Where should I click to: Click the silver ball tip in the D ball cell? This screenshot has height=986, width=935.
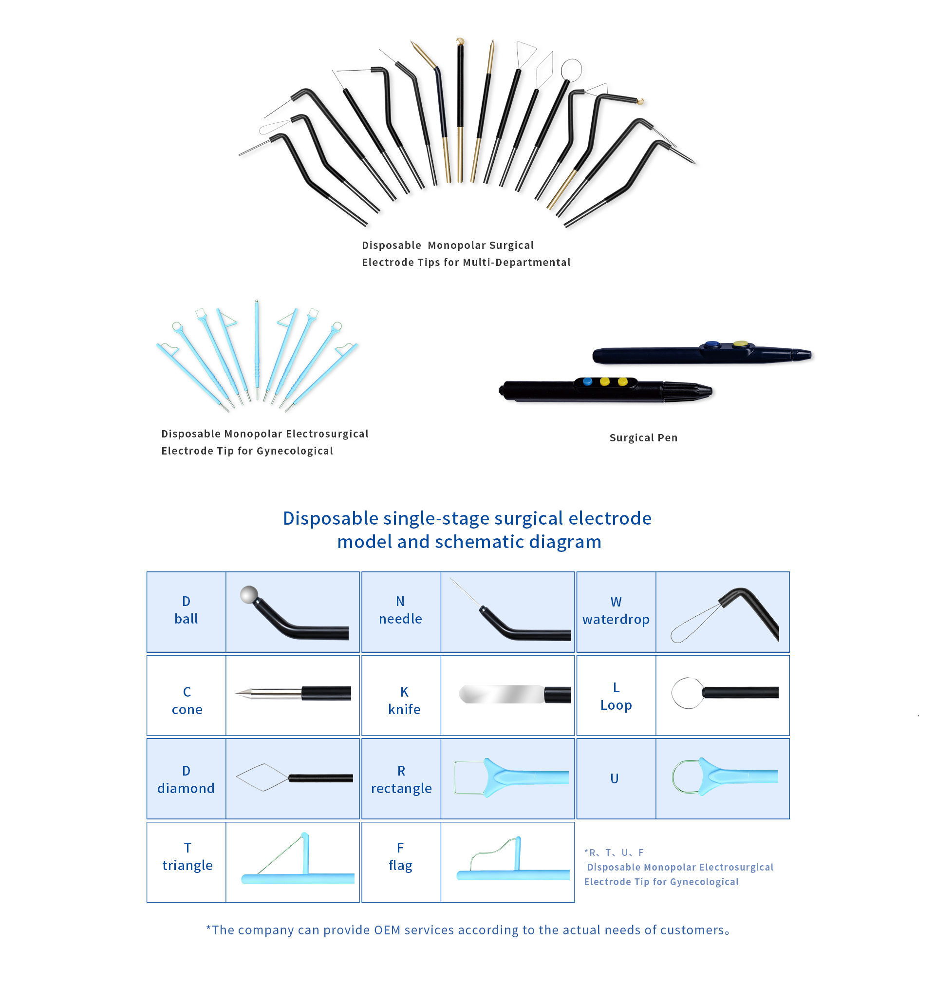(x=249, y=595)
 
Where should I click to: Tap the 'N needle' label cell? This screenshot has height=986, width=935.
(x=400, y=610)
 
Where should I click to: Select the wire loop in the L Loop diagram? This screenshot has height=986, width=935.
(x=688, y=693)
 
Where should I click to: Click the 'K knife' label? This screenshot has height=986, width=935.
(x=404, y=701)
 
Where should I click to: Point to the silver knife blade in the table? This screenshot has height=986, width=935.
(x=501, y=694)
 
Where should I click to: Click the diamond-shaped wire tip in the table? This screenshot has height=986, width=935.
(x=262, y=777)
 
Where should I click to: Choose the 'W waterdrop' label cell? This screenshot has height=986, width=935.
(x=616, y=610)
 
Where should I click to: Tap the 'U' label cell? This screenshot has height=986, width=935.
(x=615, y=778)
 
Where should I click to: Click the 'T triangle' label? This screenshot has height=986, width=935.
(x=187, y=857)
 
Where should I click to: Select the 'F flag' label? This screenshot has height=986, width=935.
(x=400, y=857)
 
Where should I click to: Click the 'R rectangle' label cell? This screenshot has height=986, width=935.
(x=401, y=779)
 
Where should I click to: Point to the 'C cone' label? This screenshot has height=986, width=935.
(x=187, y=701)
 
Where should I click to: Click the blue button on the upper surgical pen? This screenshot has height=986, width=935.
(x=712, y=344)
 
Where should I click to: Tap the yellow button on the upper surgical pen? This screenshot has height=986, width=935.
(x=740, y=344)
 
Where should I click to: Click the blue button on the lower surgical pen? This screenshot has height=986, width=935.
(x=587, y=382)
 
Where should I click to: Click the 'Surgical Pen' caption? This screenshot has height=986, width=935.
(x=643, y=437)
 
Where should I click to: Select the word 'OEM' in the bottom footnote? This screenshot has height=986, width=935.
(x=387, y=930)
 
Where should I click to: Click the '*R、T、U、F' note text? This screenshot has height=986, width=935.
(x=614, y=853)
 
